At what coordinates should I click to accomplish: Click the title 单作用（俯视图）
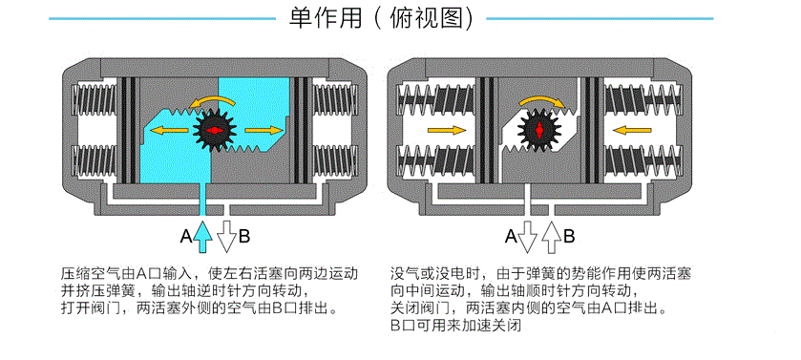[381, 18]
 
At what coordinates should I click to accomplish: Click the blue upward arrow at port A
[202, 236]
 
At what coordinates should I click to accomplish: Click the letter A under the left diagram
[186, 236]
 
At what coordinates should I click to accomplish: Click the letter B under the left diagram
[244, 236]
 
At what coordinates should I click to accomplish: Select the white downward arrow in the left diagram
[226, 237]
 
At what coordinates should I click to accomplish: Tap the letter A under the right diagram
[511, 236]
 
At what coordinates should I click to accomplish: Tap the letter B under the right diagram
[569, 236]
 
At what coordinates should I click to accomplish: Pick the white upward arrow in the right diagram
[551, 237]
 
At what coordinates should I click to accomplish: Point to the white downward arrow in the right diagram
[528, 237]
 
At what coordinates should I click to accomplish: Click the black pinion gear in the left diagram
[214, 130]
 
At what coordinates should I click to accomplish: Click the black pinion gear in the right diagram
[539, 130]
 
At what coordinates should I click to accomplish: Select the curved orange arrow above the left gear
[212, 100]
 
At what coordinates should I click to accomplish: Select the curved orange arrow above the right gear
[542, 100]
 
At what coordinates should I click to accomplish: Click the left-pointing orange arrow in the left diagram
[169, 130]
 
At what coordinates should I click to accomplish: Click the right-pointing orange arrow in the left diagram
[263, 130]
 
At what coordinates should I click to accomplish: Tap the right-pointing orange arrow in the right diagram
[447, 130]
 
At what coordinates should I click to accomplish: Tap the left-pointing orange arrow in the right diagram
[632, 130]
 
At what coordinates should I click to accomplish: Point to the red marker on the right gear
[539, 130]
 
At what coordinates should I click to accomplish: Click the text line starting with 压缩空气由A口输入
[209, 273]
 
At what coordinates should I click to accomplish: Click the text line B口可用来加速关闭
[455, 326]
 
